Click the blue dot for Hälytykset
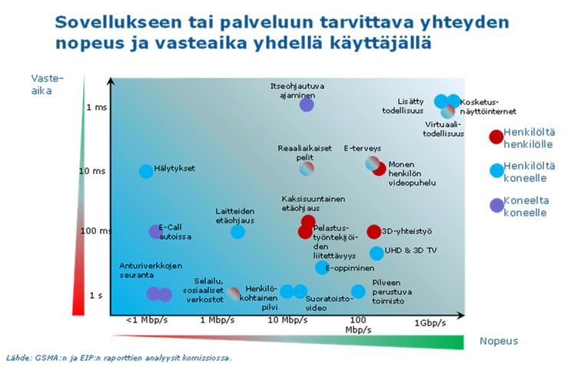146,171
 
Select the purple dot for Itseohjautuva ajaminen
307,104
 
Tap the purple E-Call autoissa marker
155,231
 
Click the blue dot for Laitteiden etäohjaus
237,231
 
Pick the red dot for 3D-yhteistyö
374,231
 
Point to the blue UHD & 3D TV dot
377,253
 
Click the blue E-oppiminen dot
322,267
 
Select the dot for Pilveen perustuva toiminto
358,291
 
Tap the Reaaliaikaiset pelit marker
307,168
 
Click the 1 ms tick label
97,107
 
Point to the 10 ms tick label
93,170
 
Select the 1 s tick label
96,295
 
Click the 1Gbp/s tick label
430,323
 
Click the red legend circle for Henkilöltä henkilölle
496,137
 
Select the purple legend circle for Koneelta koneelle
496,205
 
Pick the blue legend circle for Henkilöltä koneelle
496,170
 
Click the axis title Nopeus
499,341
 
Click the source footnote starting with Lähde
119,357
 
